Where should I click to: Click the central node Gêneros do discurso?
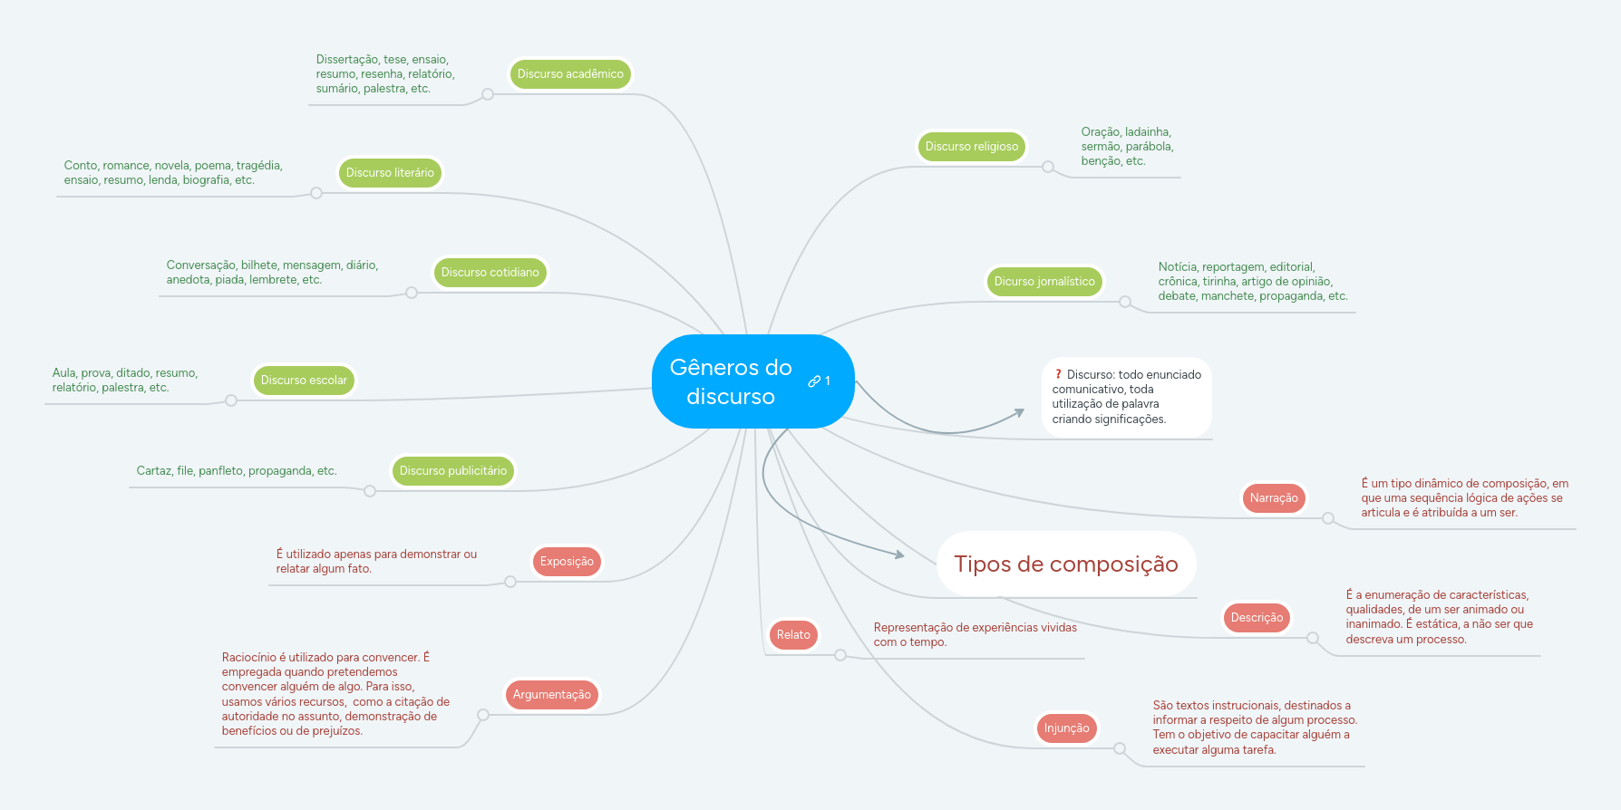(731, 381)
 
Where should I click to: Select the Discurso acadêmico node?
(570, 74)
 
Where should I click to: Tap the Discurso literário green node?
(390, 173)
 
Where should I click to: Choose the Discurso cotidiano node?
(490, 273)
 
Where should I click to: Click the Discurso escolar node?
(304, 381)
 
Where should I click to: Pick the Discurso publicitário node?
(453, 471)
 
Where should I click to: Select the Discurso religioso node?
(971, 147)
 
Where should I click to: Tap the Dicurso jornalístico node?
(1044, 282)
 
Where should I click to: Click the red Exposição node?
(567, 562)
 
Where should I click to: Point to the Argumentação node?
(551, 695)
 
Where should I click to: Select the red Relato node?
(793, 635)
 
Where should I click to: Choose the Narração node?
(1274, 498)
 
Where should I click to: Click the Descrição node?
(1257, 618)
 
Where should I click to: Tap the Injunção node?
(1066, 728)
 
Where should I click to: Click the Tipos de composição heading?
(1065, 564)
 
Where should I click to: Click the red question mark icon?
(1058, 374)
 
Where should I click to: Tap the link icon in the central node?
(814, 381)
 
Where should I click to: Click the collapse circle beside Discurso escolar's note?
(231, 400)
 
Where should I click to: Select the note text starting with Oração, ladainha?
(1127, 147)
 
